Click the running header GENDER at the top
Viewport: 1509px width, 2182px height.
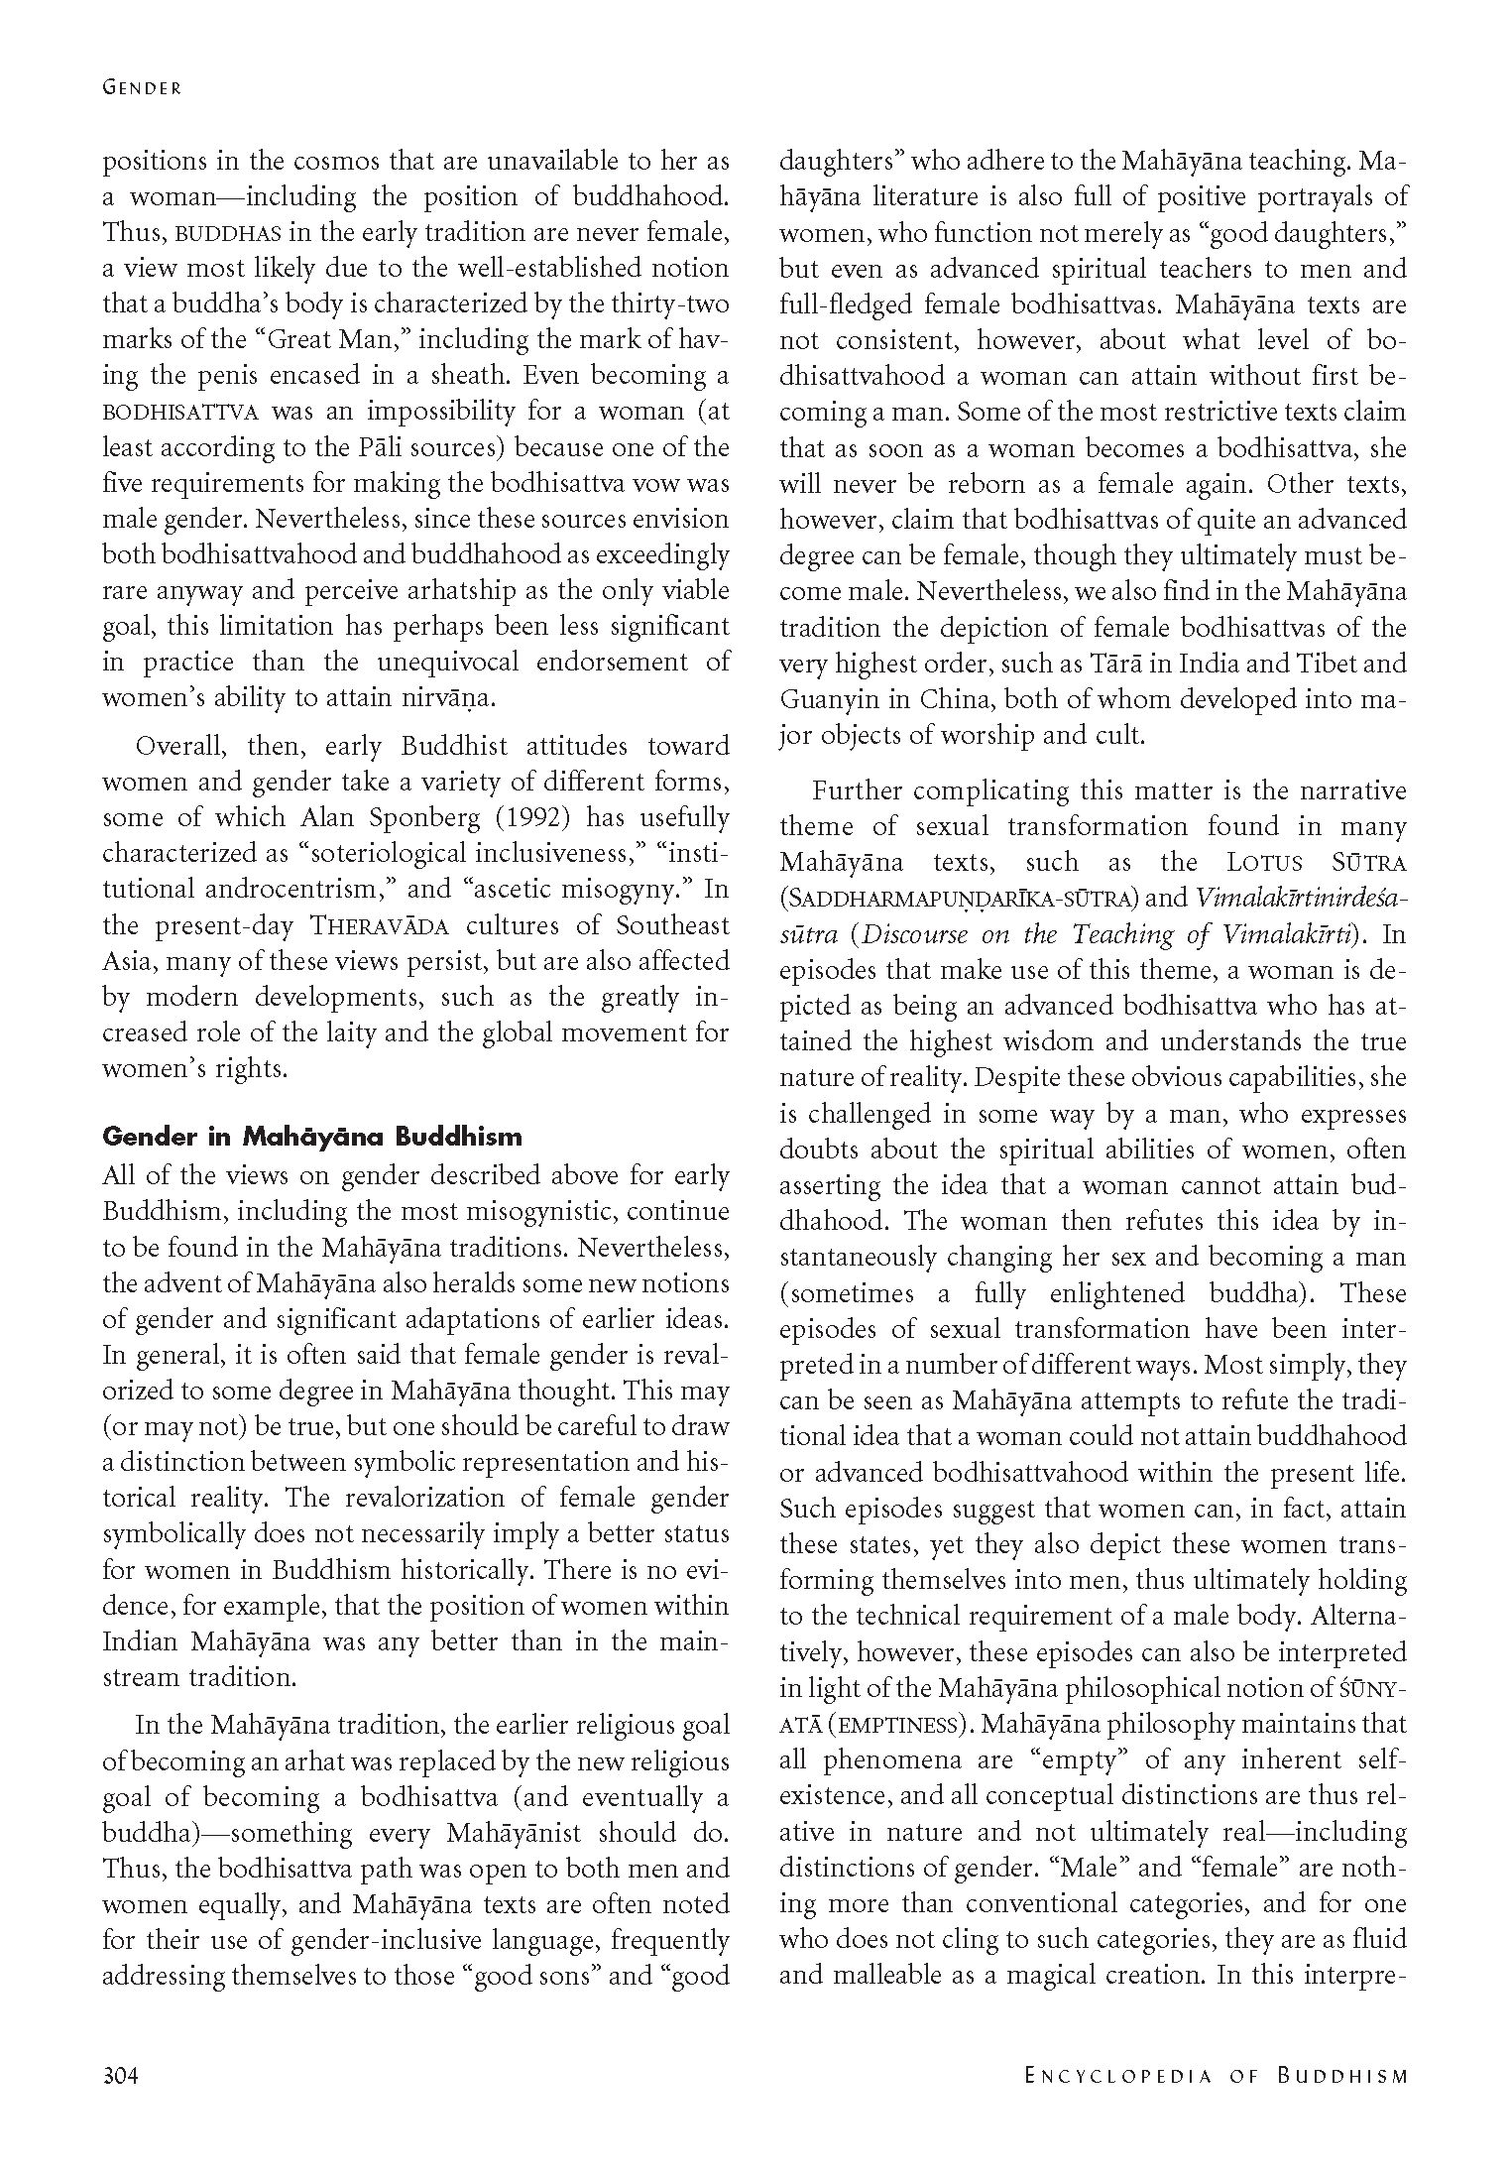click(142, 87)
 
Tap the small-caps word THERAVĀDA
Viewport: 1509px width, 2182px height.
click(381, 926)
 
